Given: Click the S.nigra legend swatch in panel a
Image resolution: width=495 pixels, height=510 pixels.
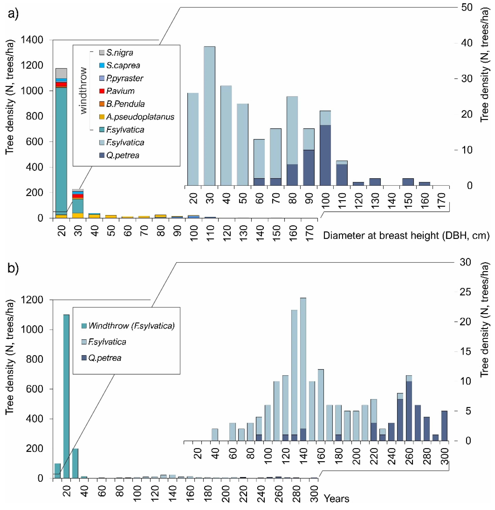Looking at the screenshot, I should click(x=102, y=53).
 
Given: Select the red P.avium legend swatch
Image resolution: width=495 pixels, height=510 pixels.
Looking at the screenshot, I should click(x=102, y=91).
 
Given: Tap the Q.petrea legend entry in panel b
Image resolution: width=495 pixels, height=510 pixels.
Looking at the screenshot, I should click(x=104, y=358).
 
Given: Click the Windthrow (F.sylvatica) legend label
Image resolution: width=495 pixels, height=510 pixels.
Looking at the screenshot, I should click(x=131, y=326).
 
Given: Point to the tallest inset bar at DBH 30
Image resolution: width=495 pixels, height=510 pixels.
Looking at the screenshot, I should click(x=209, y=116).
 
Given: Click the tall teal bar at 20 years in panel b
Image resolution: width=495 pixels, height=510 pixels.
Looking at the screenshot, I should click(x=66, y=396).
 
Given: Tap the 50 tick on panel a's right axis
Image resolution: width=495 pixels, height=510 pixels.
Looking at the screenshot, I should click(x=467, y=7).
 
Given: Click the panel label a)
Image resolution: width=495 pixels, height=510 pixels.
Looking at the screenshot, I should click(x=13, y=14).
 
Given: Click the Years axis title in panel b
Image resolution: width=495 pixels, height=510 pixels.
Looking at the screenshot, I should click(x=336, y=499).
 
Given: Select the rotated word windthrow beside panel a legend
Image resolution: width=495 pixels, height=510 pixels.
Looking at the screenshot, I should click(x=83, y=91).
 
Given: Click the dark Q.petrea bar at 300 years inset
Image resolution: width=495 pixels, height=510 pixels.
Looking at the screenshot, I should click(x=445, y=426).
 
